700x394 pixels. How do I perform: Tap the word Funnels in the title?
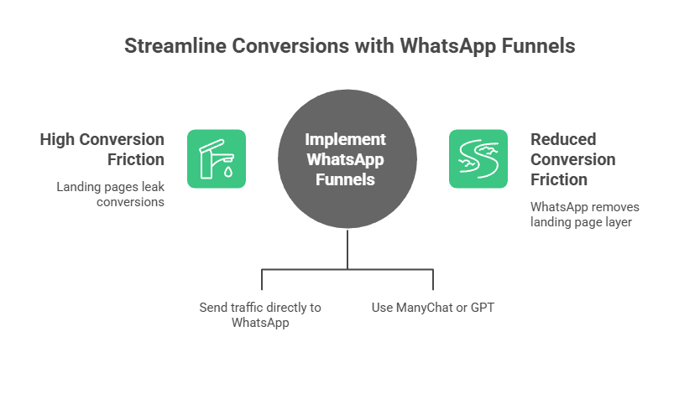pos(535,46)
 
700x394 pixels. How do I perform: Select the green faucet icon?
pos(216,158)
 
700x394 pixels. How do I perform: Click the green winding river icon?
pos(478,158)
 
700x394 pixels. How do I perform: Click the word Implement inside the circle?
pos(346,139)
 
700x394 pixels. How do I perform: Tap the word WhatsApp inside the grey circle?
pos(346,159)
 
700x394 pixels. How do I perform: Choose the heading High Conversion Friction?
pos(102,149)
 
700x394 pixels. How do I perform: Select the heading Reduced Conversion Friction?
pos(572,159)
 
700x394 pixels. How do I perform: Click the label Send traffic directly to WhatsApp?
pos(260,314)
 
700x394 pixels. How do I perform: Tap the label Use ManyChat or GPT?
pos(433,308)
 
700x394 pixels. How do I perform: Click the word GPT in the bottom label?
pos(483,308)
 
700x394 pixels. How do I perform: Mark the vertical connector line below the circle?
pos(347,250)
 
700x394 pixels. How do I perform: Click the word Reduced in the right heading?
pos(562,139)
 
